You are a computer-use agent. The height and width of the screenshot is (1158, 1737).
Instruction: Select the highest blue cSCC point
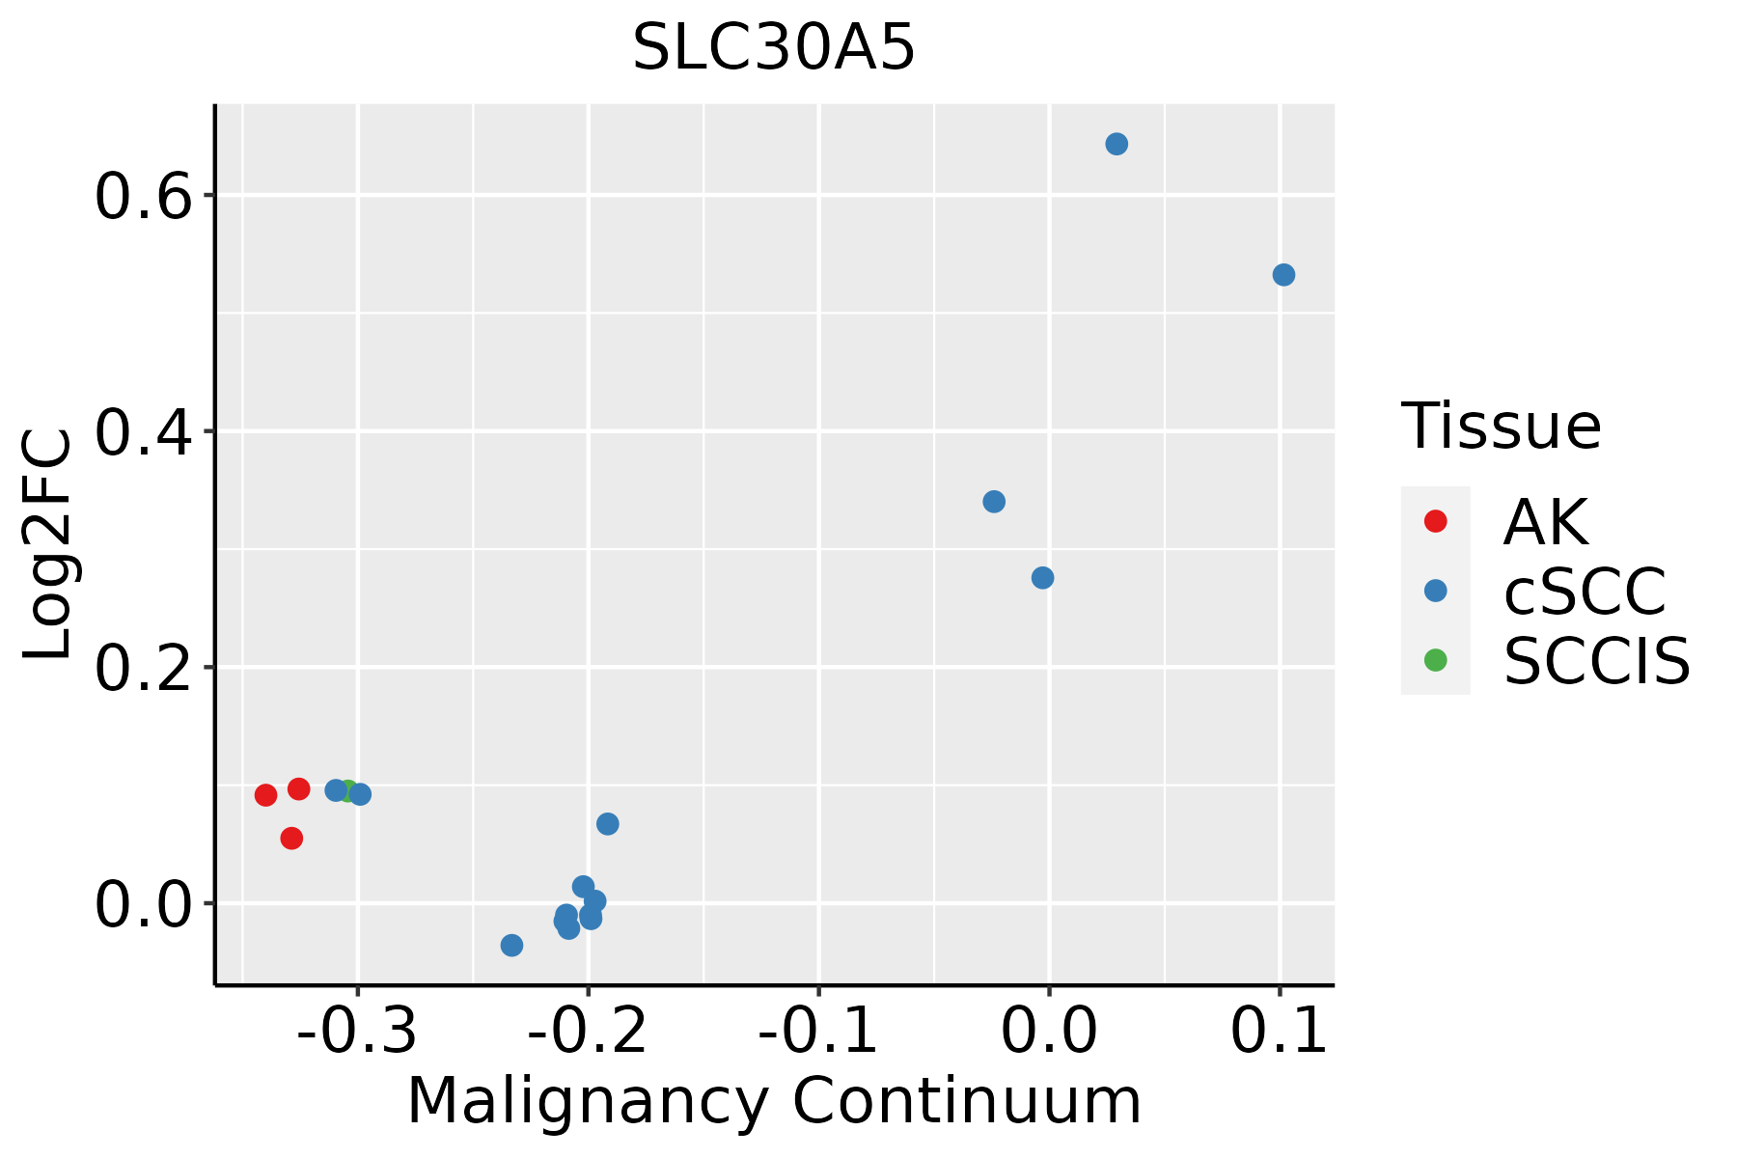1117,145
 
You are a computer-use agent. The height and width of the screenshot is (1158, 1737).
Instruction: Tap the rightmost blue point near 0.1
1283,275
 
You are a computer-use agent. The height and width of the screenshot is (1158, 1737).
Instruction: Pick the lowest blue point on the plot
512,945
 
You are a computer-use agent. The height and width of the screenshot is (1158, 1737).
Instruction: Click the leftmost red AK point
266,795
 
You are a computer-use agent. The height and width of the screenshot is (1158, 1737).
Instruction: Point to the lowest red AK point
291,839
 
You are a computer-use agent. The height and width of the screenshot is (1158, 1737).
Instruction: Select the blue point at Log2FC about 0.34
994,502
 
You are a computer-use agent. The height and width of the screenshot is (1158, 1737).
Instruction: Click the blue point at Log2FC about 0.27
1042,578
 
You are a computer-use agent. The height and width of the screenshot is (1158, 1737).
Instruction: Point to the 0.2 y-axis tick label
141,669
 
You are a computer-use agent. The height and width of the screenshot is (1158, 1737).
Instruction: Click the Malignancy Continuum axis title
774,1101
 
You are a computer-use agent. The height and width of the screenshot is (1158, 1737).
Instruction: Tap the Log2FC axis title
48,545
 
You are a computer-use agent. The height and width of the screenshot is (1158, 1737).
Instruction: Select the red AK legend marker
1436,521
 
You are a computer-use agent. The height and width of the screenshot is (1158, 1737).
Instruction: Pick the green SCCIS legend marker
1436,660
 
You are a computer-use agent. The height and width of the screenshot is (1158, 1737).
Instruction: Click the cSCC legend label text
1585,592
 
